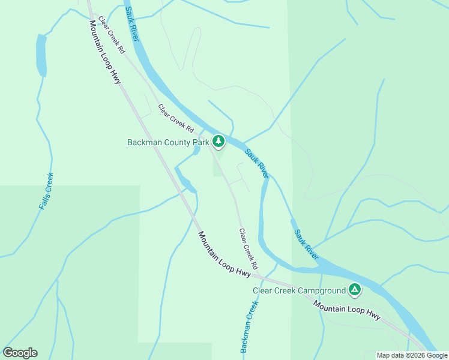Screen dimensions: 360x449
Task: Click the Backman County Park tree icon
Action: tap(219, 141)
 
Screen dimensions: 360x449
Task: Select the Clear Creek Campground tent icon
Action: tap(355, 290)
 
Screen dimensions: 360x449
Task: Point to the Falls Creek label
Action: tap(46, 191)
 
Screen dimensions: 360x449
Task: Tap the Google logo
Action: tap(20, 353)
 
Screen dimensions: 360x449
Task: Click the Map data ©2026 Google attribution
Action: tap(412, 355)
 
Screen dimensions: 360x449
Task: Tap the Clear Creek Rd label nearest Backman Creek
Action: tap(248, 248)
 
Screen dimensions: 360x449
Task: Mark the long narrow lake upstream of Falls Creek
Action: tap(41, 55)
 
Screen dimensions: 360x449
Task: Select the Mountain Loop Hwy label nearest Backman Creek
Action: tap(224, 254)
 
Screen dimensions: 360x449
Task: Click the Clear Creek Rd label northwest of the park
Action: tap(176, 118)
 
